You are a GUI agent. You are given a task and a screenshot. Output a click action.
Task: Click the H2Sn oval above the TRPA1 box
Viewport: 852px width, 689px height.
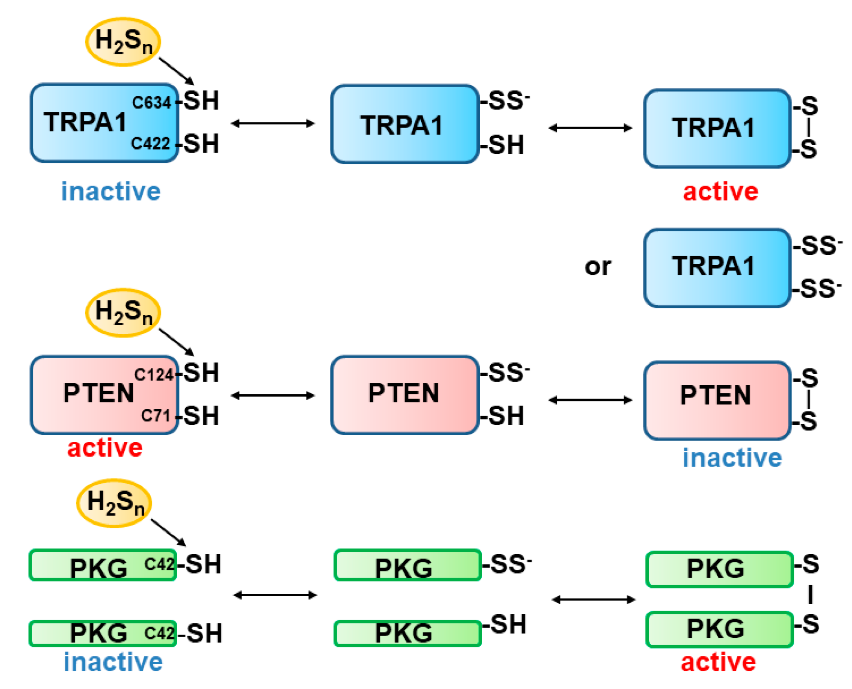coord(123,41)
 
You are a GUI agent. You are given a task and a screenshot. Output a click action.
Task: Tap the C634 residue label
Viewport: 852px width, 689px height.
coord(151,102)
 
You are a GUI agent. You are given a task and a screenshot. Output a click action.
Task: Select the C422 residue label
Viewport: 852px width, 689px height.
coord(150,143)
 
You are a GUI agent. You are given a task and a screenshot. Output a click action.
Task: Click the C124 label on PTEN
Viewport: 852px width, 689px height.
coord(154,375)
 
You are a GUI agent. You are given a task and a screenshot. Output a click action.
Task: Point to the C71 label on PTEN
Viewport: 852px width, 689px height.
coord(156,416)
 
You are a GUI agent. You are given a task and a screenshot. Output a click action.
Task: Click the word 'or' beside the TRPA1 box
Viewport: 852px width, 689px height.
coord(598,267)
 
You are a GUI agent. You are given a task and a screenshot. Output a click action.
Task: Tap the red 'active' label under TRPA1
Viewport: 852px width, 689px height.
coord(720,192)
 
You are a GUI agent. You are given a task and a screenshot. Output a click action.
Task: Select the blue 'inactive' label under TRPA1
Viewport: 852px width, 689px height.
coord(111,192)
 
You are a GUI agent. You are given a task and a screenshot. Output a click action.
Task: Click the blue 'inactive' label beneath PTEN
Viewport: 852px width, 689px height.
coord(732,458)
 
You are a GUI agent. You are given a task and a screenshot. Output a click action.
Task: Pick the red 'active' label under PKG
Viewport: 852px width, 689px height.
coord(718,662)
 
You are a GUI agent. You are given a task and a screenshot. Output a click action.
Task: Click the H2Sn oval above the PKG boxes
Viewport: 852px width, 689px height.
coord(114,503)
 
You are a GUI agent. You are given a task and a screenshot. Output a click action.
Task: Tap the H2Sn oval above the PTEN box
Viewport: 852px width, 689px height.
coord(123,313)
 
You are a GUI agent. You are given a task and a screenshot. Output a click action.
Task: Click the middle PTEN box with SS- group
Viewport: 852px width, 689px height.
coord(405,395)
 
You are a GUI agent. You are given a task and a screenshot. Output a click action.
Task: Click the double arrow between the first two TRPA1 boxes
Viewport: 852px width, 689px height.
coord(273,124)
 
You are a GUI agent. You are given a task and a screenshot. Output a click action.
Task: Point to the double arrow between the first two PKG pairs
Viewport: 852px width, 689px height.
coord(275,595)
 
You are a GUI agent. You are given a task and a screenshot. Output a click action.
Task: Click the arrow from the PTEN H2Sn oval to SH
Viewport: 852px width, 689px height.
coord(176,341)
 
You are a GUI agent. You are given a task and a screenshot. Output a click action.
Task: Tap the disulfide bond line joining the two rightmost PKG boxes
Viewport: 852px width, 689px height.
coord(811,595)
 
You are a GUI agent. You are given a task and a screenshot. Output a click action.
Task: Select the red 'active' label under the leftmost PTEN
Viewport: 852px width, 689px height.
coord(105,448)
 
